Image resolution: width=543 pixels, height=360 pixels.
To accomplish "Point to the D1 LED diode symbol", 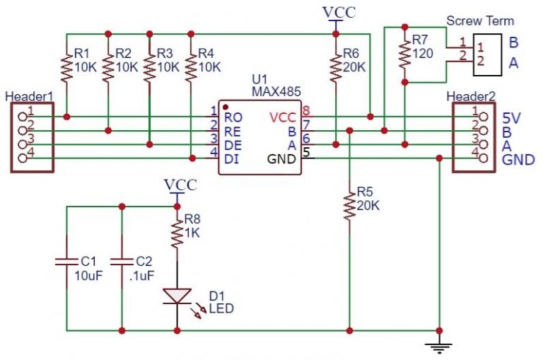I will (177, 296).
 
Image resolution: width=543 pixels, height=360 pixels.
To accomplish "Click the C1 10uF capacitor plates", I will (66, 262).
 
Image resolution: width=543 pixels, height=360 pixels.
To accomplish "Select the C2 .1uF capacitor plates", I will (122, 262).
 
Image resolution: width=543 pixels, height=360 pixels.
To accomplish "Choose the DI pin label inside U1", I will (230, 158).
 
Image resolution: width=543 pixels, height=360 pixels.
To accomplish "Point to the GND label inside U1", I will (281, 158).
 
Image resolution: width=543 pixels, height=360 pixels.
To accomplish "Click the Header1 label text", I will (25, 97).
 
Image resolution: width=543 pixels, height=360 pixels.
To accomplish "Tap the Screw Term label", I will (481, 21).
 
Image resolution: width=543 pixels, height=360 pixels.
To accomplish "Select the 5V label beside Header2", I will (511, 117).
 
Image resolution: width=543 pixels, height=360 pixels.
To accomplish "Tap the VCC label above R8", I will (180, 185).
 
